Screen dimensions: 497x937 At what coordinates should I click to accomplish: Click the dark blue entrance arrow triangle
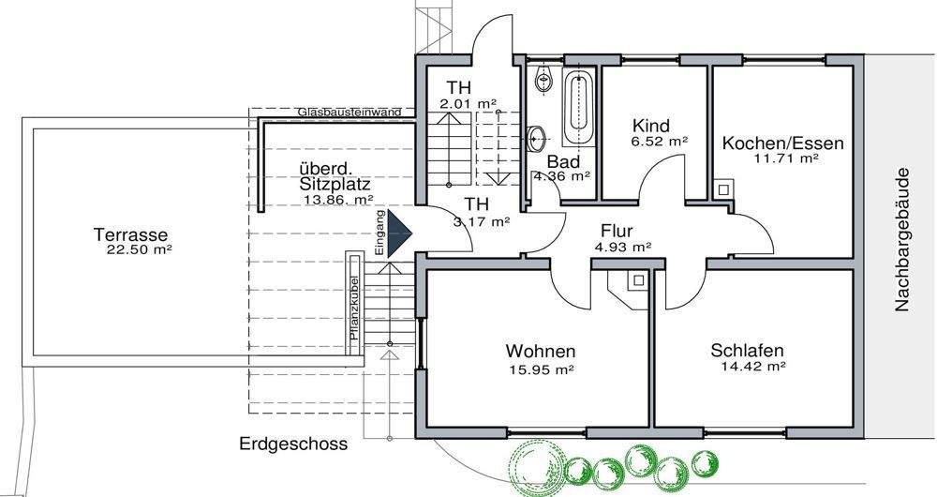(402, 232)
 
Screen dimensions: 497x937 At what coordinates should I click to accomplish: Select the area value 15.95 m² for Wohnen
(541, 369)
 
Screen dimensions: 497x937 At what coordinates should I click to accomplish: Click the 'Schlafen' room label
(747, 351)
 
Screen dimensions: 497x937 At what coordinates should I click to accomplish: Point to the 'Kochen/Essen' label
(783, 143)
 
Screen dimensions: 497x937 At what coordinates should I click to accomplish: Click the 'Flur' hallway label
(617, 230)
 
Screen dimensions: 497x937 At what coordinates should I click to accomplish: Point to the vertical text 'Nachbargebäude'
(902, 239)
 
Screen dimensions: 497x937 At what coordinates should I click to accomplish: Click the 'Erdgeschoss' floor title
(293, 444)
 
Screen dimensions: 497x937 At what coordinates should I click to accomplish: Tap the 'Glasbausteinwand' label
(349, 113)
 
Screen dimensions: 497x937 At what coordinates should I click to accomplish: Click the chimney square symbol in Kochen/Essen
(724, 188)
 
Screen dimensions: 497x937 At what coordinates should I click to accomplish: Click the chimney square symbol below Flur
(636, 279)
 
